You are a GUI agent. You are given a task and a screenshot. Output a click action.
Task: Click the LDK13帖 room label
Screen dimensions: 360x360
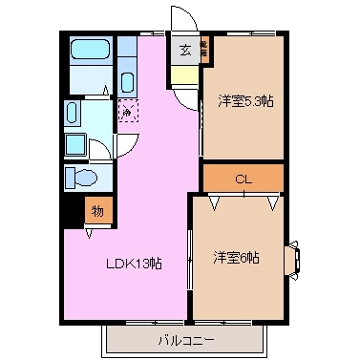133,264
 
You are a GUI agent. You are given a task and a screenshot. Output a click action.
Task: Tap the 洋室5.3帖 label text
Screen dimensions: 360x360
244,99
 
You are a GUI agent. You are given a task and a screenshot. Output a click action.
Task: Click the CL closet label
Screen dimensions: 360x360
244,179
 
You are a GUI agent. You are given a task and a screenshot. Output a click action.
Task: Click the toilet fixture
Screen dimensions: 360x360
80,179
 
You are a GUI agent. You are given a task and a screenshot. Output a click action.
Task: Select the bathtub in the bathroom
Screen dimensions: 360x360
91,50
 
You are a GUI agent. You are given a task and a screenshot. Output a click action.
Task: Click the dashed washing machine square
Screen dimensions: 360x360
128,112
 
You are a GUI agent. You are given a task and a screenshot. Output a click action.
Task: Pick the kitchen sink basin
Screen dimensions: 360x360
128,78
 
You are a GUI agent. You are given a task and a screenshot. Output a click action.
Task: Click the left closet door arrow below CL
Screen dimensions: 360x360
216,202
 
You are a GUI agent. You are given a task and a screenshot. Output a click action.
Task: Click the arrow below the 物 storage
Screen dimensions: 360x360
90,231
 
